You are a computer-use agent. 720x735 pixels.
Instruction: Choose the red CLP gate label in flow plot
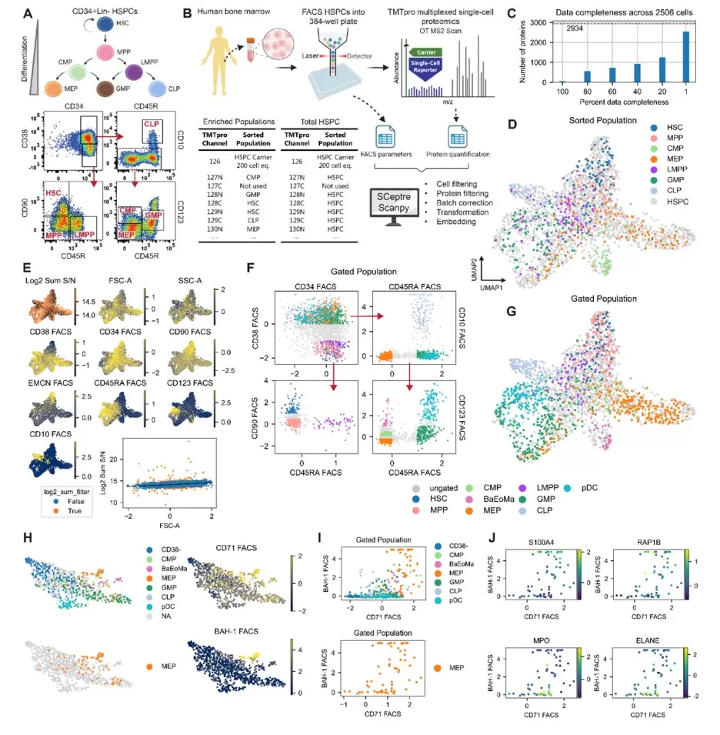pyautogui.click(x=152, y=123)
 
